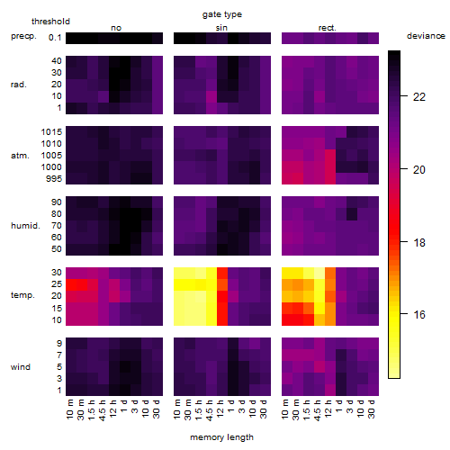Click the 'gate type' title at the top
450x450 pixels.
tap(222, 14)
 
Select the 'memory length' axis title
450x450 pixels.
tap(221, 437)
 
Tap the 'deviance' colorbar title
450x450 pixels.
tap(426, 36)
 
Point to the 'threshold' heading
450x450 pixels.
tap(50, 22)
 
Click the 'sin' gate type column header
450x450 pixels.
tap(221, 28)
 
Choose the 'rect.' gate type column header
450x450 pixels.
tap(327, 28)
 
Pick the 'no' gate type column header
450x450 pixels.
tap(116, 28)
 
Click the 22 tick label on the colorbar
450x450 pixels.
tap(419, 97)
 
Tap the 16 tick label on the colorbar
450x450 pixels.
tap(419, 315)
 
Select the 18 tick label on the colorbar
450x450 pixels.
tap(419, 242)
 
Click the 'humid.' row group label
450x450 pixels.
tap(25, 226)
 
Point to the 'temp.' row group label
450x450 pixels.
tap(22, 295)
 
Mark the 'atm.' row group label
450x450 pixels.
tap(20, 156)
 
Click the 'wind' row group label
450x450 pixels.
tap(21, 367)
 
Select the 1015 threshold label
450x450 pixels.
tap(51, 132)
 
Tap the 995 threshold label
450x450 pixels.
tap(54, 179)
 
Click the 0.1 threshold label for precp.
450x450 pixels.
tap(55, 38)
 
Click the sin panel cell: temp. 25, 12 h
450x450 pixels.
tap(222, 284)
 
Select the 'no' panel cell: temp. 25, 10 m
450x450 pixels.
tap(71, 284)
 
